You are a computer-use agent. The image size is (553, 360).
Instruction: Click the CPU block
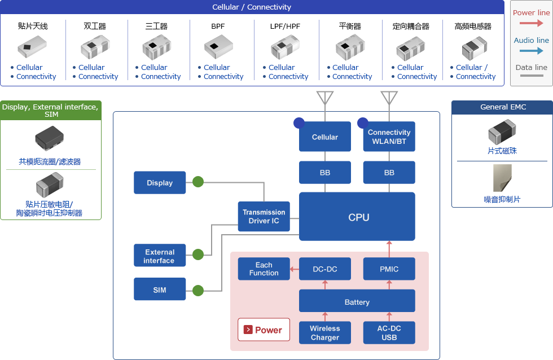pyautogui.click(x=357, y=217)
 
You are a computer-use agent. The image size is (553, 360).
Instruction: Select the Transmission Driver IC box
pyautogui.click(x=264, y=217)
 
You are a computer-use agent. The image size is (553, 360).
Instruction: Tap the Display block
pyautogui.click(x=160, y=183)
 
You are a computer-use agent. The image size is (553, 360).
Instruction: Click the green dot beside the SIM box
pyautogui.click(x=198, y=291)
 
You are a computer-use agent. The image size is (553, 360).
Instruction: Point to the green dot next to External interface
pyautogui.click(x=198, y=254)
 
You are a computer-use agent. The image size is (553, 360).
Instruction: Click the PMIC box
pyautogui.click(x=389, y=269)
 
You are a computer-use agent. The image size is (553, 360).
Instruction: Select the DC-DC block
pyautogui.click(x=325, y=269)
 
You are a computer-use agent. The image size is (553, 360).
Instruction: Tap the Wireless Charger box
pyautogui.click(x=325, y=332)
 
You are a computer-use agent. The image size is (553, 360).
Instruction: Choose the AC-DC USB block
pyautogui.click(x=389, y=332)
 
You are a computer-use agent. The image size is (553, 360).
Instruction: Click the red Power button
pyautogui.click(x=264, y=330)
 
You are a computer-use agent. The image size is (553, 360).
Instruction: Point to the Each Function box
pyautogui.click(x=264, y=269)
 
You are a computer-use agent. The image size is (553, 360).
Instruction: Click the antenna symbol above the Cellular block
pyautogui.click(x=325, y=98)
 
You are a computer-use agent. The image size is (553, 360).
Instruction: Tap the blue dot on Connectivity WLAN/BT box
pyautogui.click(x=362, y=122)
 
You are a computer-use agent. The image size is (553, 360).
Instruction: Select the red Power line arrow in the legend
pyautogui.click(x=531, y=23)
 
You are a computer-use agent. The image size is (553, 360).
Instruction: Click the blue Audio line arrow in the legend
pyautogui.click(x=531, y=51)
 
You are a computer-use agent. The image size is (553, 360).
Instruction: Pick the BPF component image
pyautogui.click(x=218, y=46)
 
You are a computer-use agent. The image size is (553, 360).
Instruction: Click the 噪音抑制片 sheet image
pyautogui.click(x=502, y=178)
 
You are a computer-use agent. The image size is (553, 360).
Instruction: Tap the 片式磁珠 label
pyautogui.click(x=502, y=151)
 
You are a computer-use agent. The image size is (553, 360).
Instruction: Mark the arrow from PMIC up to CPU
pyautogui.click(x=389, y=249)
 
